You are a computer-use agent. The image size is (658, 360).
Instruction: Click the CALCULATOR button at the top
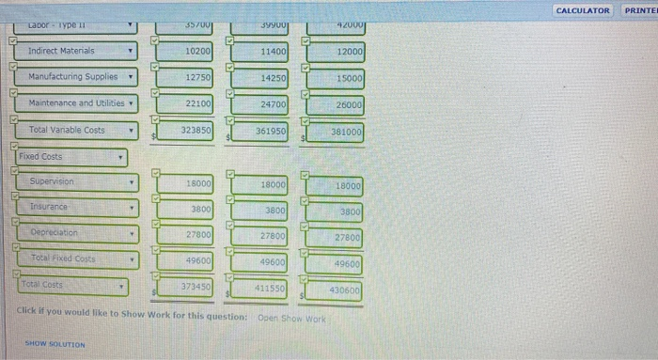tap(583, 10)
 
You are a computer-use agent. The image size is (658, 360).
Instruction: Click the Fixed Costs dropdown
tap(71, 158)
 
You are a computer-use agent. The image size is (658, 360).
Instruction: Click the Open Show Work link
tap(291, 318)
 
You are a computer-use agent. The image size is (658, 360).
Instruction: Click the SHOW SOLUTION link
tap(55, 345)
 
